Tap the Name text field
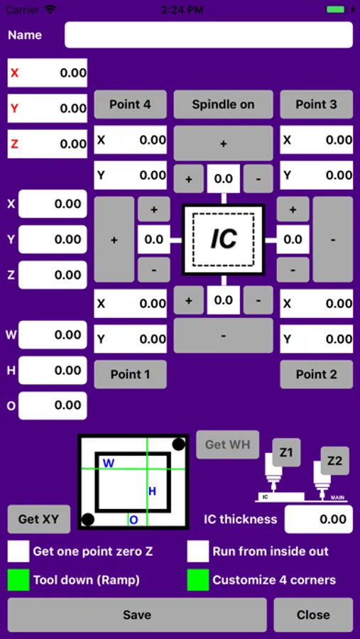coord(209,35)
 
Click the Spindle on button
coord(223,104)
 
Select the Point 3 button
coord(316,104)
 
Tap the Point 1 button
coord(130,374)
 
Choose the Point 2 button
coord(316,374)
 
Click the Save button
coord(137,615)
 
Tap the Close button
coord(313,615)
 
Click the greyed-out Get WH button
coord(227,444)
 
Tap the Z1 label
coord(286,452)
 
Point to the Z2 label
coord(334,461)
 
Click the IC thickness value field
coord(318,519)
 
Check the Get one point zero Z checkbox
coord(18,551)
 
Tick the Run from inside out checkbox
coord(198,551)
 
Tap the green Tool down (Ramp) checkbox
coord(18,579)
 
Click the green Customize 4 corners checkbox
coord(198,579)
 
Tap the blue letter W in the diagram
coord(109,464)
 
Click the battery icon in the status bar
coord(336,10)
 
